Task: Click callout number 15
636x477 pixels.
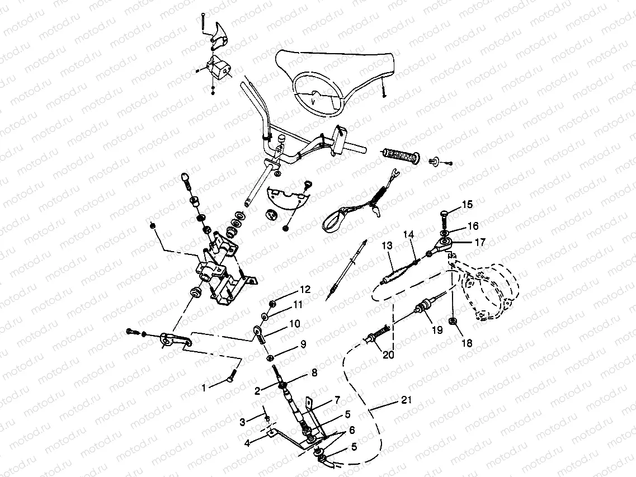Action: click(468, 205)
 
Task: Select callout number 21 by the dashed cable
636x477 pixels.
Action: click(407, 400)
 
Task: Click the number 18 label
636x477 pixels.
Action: click(466, 343)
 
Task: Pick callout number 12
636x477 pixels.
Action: click(304, 290)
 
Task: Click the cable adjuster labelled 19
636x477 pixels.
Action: click(425, 307)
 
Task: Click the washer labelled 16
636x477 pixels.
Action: click(444, 231)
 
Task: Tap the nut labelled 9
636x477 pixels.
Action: click(270, 357)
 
